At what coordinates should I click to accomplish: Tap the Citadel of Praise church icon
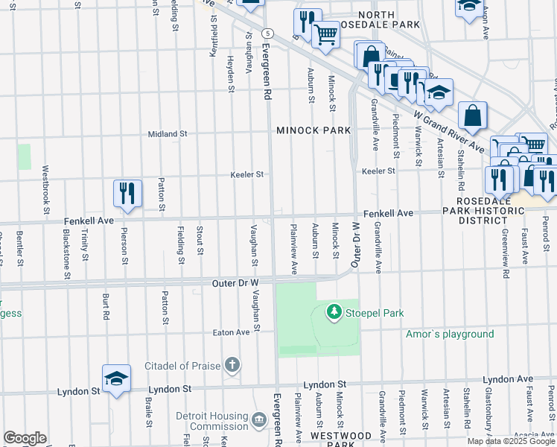233,365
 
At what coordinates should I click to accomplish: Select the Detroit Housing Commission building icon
258,421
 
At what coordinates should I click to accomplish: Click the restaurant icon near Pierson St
127,193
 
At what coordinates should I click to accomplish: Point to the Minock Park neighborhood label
313,130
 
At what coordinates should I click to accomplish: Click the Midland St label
168,134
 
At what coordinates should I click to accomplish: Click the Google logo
25,438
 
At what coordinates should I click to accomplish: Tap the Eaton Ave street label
231,332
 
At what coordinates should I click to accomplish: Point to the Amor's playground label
450,335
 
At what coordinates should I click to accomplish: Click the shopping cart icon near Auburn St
325,34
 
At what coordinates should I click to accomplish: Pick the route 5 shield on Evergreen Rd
267,34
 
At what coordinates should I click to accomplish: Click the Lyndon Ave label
509,379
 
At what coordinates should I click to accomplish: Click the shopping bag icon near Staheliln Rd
472,116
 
